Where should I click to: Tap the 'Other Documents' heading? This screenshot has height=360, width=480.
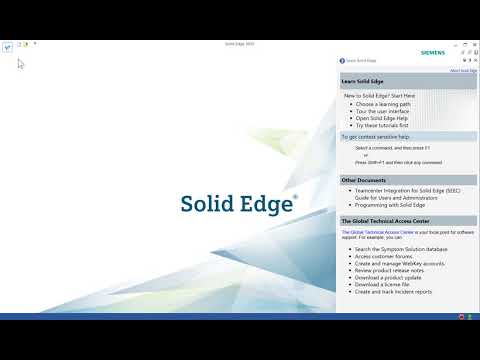tap(364, 180)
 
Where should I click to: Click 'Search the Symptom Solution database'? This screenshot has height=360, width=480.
tap(396, 248)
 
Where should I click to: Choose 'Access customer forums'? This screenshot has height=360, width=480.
tap(380, 255)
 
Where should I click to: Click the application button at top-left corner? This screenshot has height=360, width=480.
tap(7, 44)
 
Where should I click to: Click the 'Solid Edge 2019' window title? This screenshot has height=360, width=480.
tap(239, 44)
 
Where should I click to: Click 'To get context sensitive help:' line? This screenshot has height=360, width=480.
tap(375, 136)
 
